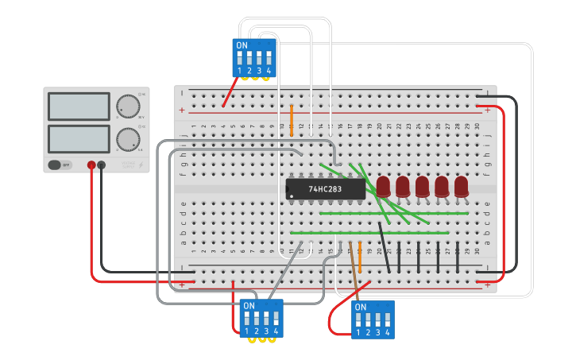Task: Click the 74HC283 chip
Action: point(325,189)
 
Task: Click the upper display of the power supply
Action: point(79,106)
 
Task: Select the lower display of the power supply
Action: point(79,138)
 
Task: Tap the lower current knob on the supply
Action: point(126,139)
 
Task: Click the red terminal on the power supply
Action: point(91,165)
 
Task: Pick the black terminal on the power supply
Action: point(102,165)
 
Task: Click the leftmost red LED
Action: point(383,186)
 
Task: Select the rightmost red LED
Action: point(461,186)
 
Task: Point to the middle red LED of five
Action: point(422,186)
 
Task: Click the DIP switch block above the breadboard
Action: point(254,58)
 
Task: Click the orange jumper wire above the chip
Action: point(292,119)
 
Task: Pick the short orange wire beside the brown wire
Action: point(360,257)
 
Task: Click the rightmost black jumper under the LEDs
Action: point(458,257)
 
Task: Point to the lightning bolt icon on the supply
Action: point(141,165)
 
